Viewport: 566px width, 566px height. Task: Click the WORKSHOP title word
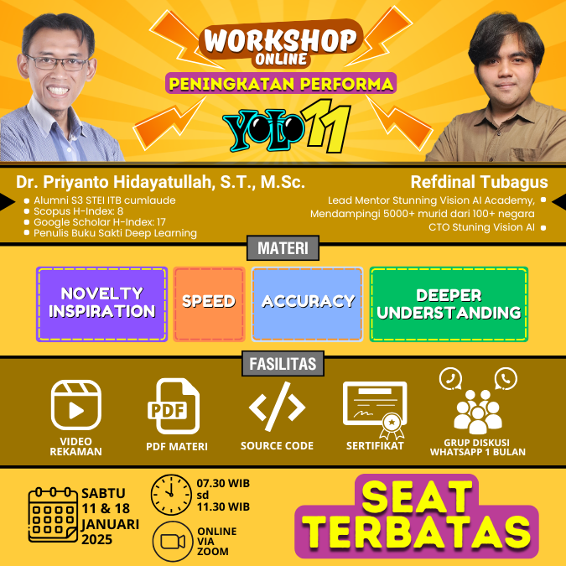282,39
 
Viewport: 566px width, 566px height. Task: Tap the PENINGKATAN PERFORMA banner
281,84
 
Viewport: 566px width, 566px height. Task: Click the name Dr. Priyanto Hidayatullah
160,182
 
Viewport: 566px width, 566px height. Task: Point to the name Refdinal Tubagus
479,182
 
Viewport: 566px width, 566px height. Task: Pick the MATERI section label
282,248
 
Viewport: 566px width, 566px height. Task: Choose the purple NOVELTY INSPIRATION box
101,304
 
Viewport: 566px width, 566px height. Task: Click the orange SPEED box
209,304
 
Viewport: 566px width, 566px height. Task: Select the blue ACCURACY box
308,303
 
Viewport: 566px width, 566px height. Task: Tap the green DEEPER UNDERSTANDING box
449,304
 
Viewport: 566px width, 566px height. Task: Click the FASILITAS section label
283,363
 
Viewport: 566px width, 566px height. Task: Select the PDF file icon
176,408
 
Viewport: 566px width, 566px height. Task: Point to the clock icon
171,494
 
